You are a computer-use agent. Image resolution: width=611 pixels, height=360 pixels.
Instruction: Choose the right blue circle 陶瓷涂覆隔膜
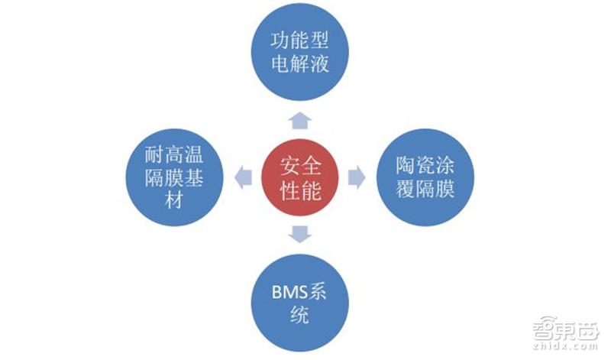pyautogui.click(x=425, y=177)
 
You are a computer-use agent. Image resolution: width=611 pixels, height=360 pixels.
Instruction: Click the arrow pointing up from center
pyautogui.click(x=299, y=118)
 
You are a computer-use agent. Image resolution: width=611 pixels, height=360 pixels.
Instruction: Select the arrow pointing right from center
pyautogui.click(x=356, y=177)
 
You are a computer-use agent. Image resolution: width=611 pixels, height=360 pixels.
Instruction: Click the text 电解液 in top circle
pyautogui.click(x=299, y=64)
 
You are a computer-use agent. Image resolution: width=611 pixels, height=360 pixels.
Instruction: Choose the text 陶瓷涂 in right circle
pyautogui.click(x=425, y=164)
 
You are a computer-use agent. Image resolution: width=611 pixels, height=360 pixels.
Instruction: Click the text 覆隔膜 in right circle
pyautogui.click(x=425, y=190)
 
